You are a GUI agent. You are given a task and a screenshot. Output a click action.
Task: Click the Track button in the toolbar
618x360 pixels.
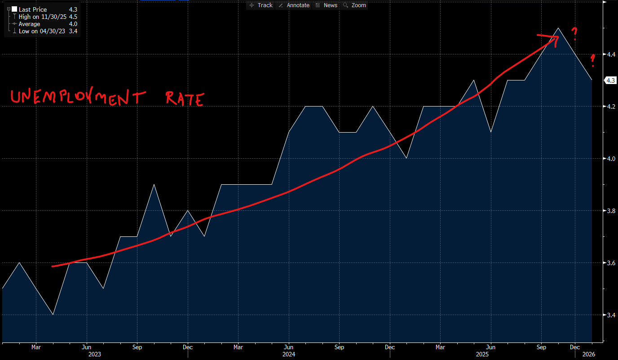click(x=261, y=5)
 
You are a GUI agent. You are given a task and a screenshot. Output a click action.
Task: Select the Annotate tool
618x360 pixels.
click(x=294, y=5)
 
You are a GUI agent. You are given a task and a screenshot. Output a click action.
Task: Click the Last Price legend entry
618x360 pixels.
click(x=32, y=9)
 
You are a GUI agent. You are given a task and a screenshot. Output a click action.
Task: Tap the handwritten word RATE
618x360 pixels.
click(x=185, y=98)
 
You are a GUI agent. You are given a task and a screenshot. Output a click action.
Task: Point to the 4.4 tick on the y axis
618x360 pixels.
click(x=610, y=54)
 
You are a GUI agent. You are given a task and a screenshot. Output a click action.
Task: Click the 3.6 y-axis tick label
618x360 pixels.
click(x=610, y=263)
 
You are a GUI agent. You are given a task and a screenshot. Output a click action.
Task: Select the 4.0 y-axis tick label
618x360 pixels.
click(x=610, y=159)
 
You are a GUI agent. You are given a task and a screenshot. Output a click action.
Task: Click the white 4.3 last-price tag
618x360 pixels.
click(x=610, y=80)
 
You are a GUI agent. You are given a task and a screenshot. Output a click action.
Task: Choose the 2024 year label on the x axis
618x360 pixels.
click(x=289, y=354)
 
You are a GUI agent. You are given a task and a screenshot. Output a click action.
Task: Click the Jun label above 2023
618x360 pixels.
click(x=87, y=347)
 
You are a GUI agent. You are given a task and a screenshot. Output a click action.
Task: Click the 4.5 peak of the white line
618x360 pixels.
click(x=558, y=28)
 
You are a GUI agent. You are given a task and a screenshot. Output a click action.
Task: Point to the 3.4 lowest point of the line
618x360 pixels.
click(x=53, y=314)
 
